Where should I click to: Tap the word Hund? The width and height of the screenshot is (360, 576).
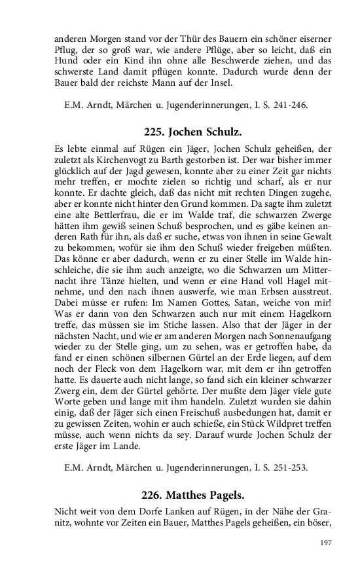tap(65, 60)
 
